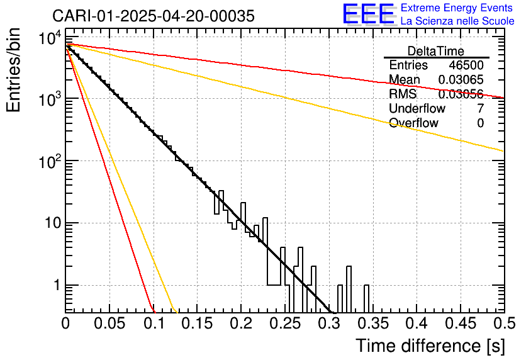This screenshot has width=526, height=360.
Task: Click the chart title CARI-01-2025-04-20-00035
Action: click(x=154, y=16)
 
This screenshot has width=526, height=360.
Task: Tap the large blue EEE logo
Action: click(x=368, y=14)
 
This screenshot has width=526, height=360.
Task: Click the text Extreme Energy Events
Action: click(x=457, y=8)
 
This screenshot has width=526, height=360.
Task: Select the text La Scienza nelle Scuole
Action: click(x=457, y=21)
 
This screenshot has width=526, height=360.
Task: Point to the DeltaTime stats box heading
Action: click(x=436, y=51)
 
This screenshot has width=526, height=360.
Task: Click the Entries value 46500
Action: click(x=466, y=65)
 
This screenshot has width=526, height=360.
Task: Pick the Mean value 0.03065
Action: click(x=461, y=80)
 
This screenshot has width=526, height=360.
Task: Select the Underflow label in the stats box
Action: click(x=416, y=109)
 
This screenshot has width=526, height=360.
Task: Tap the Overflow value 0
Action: click(x=480, y=123)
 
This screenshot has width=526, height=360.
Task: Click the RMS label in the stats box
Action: click(x=402, y=94)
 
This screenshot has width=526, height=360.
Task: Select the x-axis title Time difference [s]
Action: click(x=429, y=346)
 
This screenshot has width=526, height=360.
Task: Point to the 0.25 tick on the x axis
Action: click(x=285, y=323)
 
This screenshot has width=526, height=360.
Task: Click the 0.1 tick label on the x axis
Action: click(x=154, y=323)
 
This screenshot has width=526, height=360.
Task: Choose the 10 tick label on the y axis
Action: click(x=50, y=223)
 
